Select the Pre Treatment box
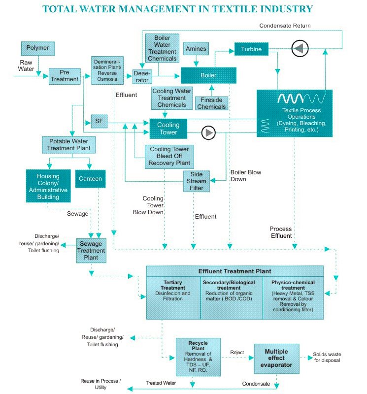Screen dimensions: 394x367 click(64, 76)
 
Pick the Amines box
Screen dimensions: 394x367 click(196, 49)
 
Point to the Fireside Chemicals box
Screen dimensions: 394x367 click(211, 103)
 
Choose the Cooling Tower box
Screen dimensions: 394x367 click(168, 129)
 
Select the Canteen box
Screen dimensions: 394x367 click(90, 179)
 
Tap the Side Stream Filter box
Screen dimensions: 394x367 click(196, 181)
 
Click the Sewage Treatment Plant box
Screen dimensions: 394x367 click(91, 250)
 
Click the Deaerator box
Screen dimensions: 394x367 click(141, 77)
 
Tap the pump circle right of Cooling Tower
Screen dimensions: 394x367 click(209, 132)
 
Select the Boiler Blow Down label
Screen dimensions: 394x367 click(245, 176)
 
